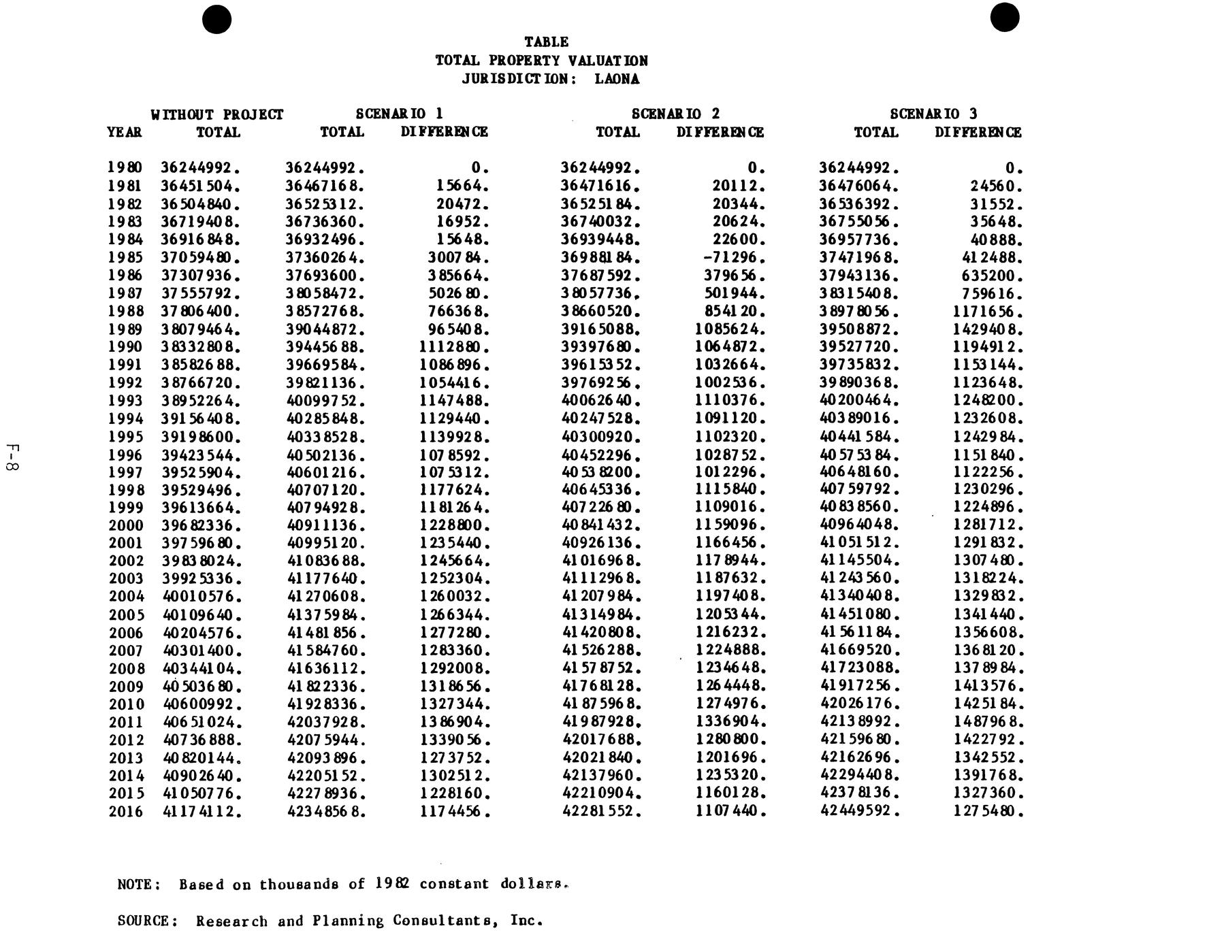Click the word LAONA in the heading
click(x=617, y=79)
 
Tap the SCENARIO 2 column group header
click(x=675, y=114)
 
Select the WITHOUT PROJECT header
click(x=217, y=114)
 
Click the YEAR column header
click(x=125, y=133)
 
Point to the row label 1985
click(x=126, y=258)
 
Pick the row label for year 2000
click(x=126, y=525)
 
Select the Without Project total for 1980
click(x=200, y=167)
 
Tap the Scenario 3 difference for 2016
click(x=988, y=811)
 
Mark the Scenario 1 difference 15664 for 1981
click(x=462, y=186)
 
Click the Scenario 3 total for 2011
click(x=859, y=722)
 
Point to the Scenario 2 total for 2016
click(x=601, y=811)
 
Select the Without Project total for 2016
click(x=202, y=811)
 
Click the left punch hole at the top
click(x=217, y=19)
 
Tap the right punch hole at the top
click(x=1005, y=18)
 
